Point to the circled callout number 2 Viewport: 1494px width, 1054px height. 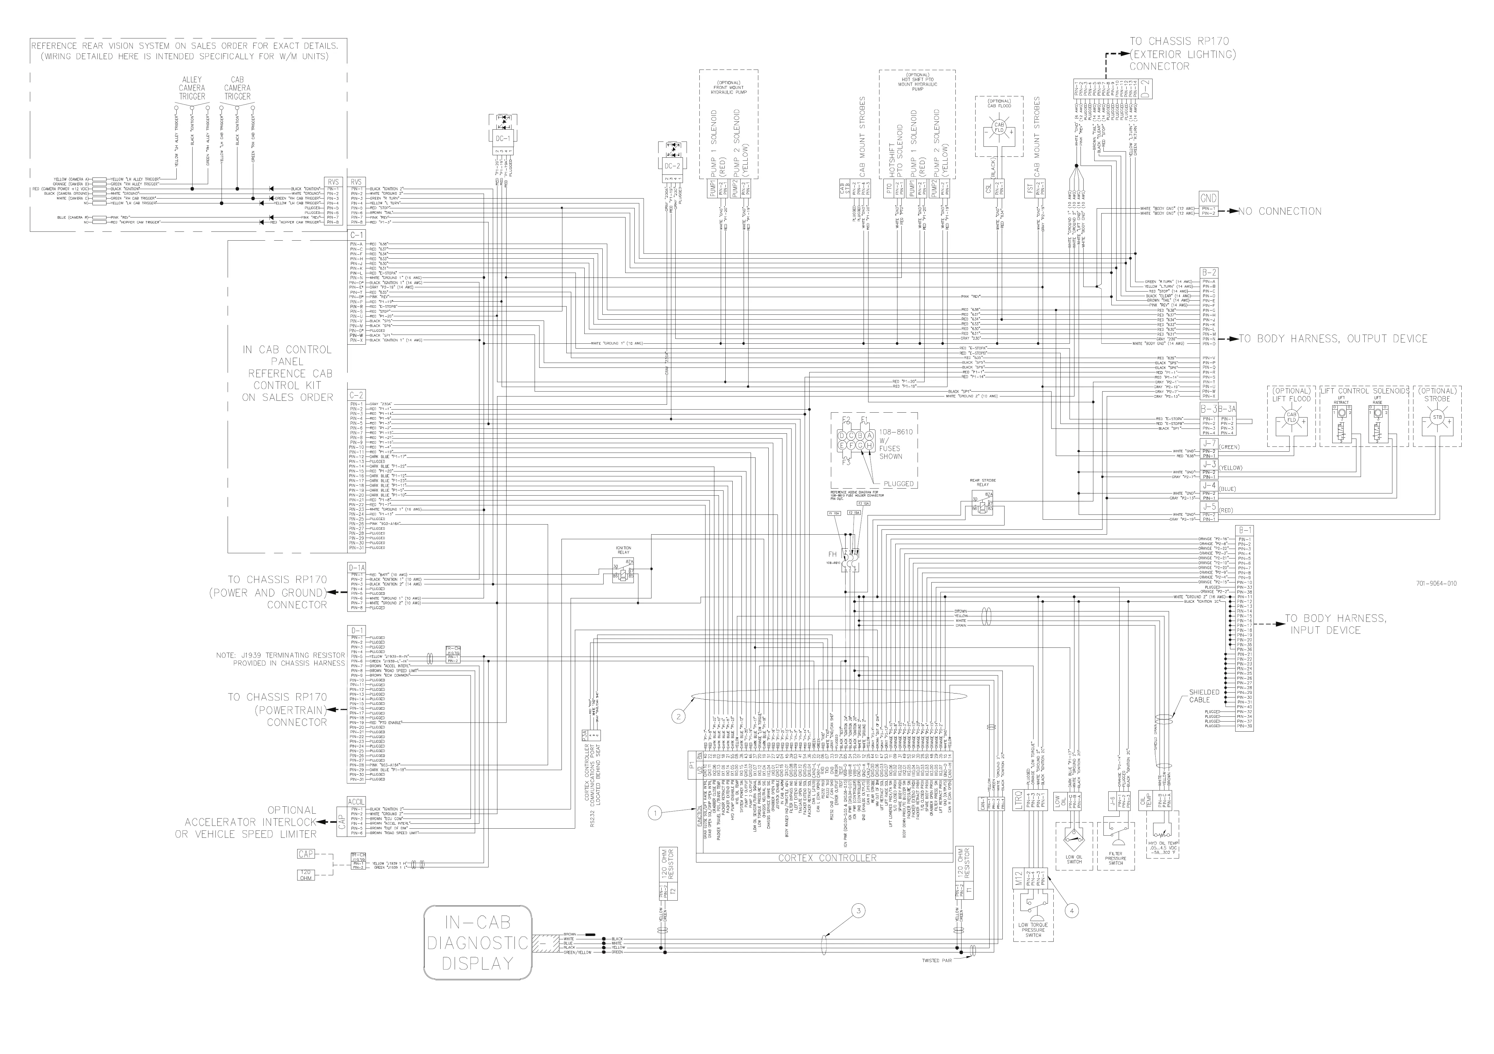[x=679, y=716]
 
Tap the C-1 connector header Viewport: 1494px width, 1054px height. [x=357, y=235]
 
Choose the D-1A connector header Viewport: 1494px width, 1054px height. [x=357, y=568]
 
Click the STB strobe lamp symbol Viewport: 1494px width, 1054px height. [x=1437, y=418]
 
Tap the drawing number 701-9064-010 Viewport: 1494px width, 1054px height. [x=1436, y=583]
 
